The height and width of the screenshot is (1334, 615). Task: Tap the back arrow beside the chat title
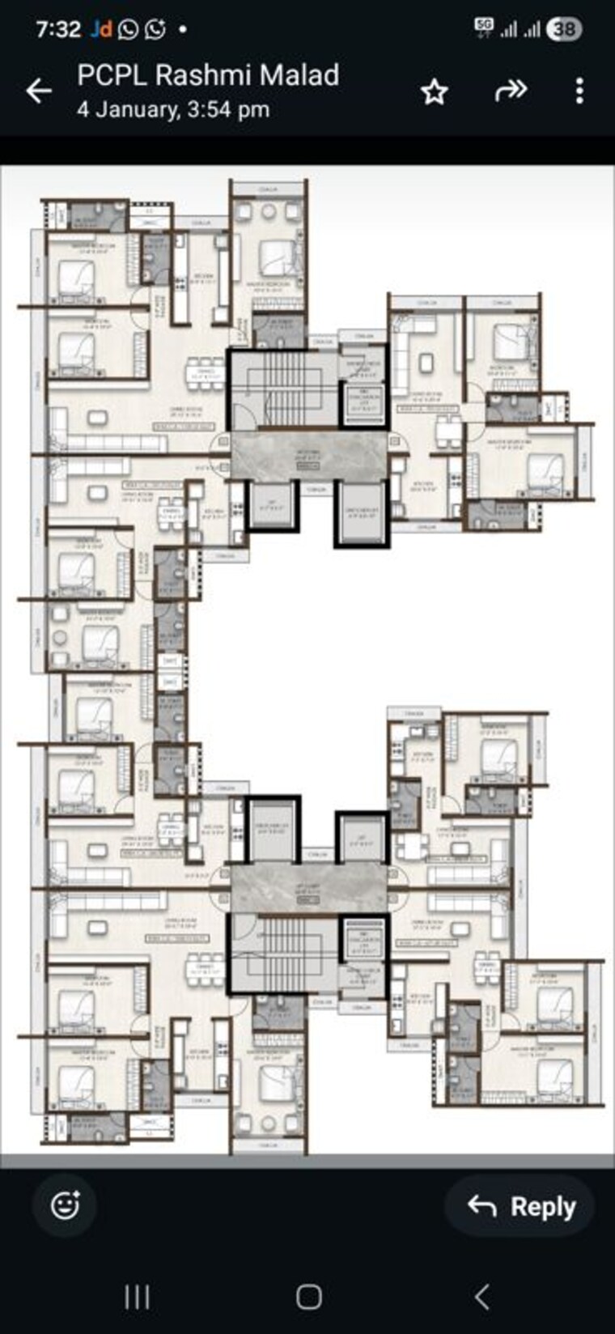[38, 91]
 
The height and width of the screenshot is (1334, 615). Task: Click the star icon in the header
[435, 91]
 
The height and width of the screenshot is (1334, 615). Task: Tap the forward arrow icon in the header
[511, 91]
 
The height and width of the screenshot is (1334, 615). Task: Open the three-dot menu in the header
[579, 91]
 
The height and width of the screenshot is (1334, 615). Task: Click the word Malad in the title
[303, 75]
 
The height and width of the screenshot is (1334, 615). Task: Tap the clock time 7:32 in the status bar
[58, 29]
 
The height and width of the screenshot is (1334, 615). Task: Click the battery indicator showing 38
[564, 29]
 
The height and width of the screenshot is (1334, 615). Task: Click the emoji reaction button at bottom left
[65, 1205]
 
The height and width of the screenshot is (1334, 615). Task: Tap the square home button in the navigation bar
[308, 1297]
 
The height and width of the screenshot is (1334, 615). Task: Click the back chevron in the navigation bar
[482, 1297]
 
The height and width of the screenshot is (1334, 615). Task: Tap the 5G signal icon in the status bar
[484, 27]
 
